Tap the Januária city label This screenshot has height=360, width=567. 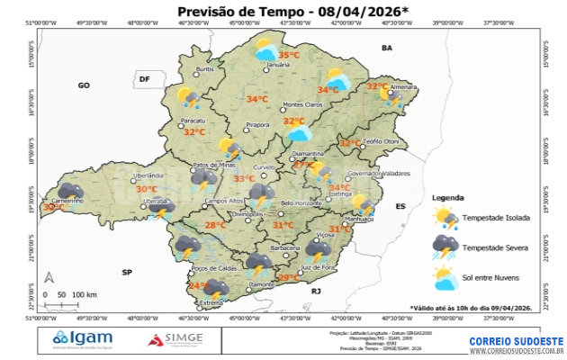[x=279, y=66]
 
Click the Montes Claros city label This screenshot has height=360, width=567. [x=302, y=104]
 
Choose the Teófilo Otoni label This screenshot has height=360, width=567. [x=380, y=142]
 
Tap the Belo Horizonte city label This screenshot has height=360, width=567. [x=301, y=203]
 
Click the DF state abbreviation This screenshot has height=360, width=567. [x=143, y=80]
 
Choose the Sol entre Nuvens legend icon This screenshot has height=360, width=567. [x=445, y=278]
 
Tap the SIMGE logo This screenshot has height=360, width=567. [x=176, y=339]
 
